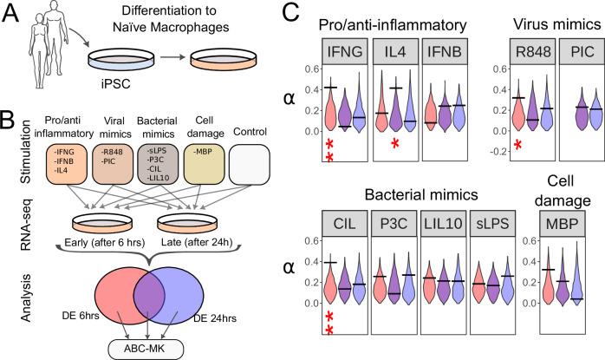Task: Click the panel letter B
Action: (x=11, y=118)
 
